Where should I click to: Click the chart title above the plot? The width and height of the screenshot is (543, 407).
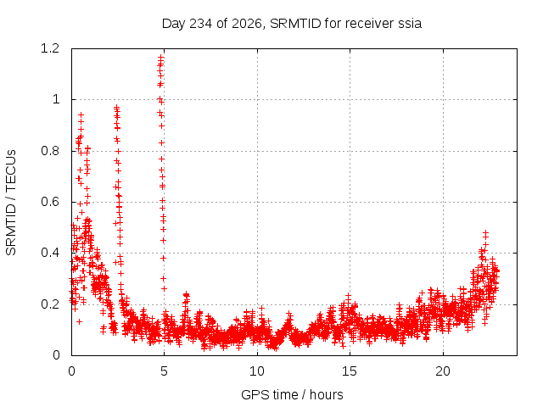[292, 24]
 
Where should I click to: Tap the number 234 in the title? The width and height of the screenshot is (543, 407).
[201, 24]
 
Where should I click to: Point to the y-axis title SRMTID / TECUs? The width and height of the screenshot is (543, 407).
[11, 203]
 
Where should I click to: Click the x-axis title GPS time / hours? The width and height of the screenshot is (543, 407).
[292, 394]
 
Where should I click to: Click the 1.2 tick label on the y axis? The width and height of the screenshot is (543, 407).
[50, 48]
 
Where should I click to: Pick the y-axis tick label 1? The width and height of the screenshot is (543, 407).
[56, 100]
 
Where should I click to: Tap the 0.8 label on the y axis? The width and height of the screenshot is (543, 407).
[50, 151]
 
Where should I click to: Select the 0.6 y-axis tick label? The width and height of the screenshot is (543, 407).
[50, 202]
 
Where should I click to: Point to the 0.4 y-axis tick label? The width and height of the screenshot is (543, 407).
[50, 253]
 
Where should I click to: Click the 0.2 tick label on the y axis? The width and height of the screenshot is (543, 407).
[50, 304]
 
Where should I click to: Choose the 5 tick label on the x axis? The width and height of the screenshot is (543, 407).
[164, 371]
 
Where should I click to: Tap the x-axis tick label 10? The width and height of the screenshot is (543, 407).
[257, 371]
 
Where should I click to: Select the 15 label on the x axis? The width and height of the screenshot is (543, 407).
[350, 371]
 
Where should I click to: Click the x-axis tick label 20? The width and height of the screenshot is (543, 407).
[443, 371]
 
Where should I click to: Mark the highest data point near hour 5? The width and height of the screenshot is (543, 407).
[160, 57]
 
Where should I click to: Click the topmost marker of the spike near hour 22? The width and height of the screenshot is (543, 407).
[485, 232]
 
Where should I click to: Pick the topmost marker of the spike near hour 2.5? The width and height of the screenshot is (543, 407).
[117, 108]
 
